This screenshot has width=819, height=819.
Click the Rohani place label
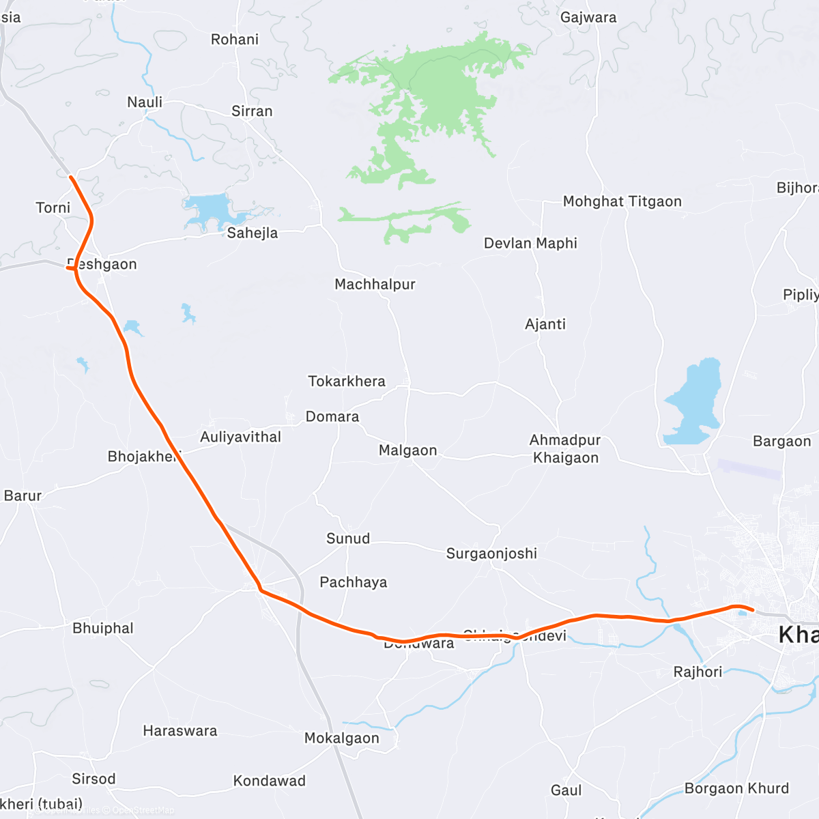[x=235, y=40]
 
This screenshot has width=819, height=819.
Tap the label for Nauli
[x=145, y=102]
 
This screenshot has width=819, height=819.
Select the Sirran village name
[x=252, y=111]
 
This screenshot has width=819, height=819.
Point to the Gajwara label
[x=588, y=18]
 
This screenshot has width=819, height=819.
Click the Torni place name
[x=53, y=207]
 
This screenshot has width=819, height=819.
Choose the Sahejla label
[x=253, y=233]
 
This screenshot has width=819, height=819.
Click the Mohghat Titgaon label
[x=622, y=201]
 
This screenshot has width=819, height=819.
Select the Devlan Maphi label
[x=530, y=243]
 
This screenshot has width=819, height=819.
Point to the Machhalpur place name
[x=375, y=284]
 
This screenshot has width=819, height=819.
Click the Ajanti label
[x=545, y=324]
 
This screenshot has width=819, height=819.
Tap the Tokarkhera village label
[x=347, y=381]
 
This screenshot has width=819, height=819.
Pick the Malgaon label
[x=407, y=450]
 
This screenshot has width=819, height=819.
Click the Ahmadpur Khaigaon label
[x=565, y=449]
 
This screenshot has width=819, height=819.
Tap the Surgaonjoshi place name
[x=491, y=554]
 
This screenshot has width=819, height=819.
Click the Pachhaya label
[x=354, y=582]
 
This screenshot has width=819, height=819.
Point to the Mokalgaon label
[x=341, y=738]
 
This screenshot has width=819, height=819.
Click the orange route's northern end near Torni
[x=72, y=177]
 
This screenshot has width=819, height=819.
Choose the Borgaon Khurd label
[x=736, y=788]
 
